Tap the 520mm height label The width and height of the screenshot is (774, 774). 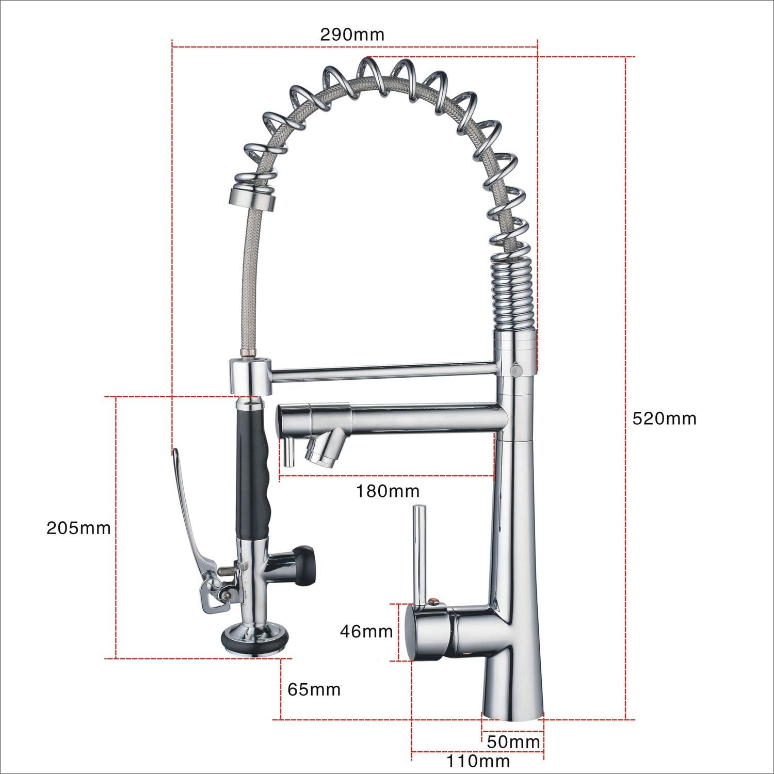(x=665, y=418)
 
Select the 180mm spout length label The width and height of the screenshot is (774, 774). (x=387, y=491)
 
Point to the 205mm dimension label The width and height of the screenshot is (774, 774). (x=78, y=528)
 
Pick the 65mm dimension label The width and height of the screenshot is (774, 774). (x=314, y=689)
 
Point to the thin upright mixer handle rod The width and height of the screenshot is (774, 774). (x=418, y=547)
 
